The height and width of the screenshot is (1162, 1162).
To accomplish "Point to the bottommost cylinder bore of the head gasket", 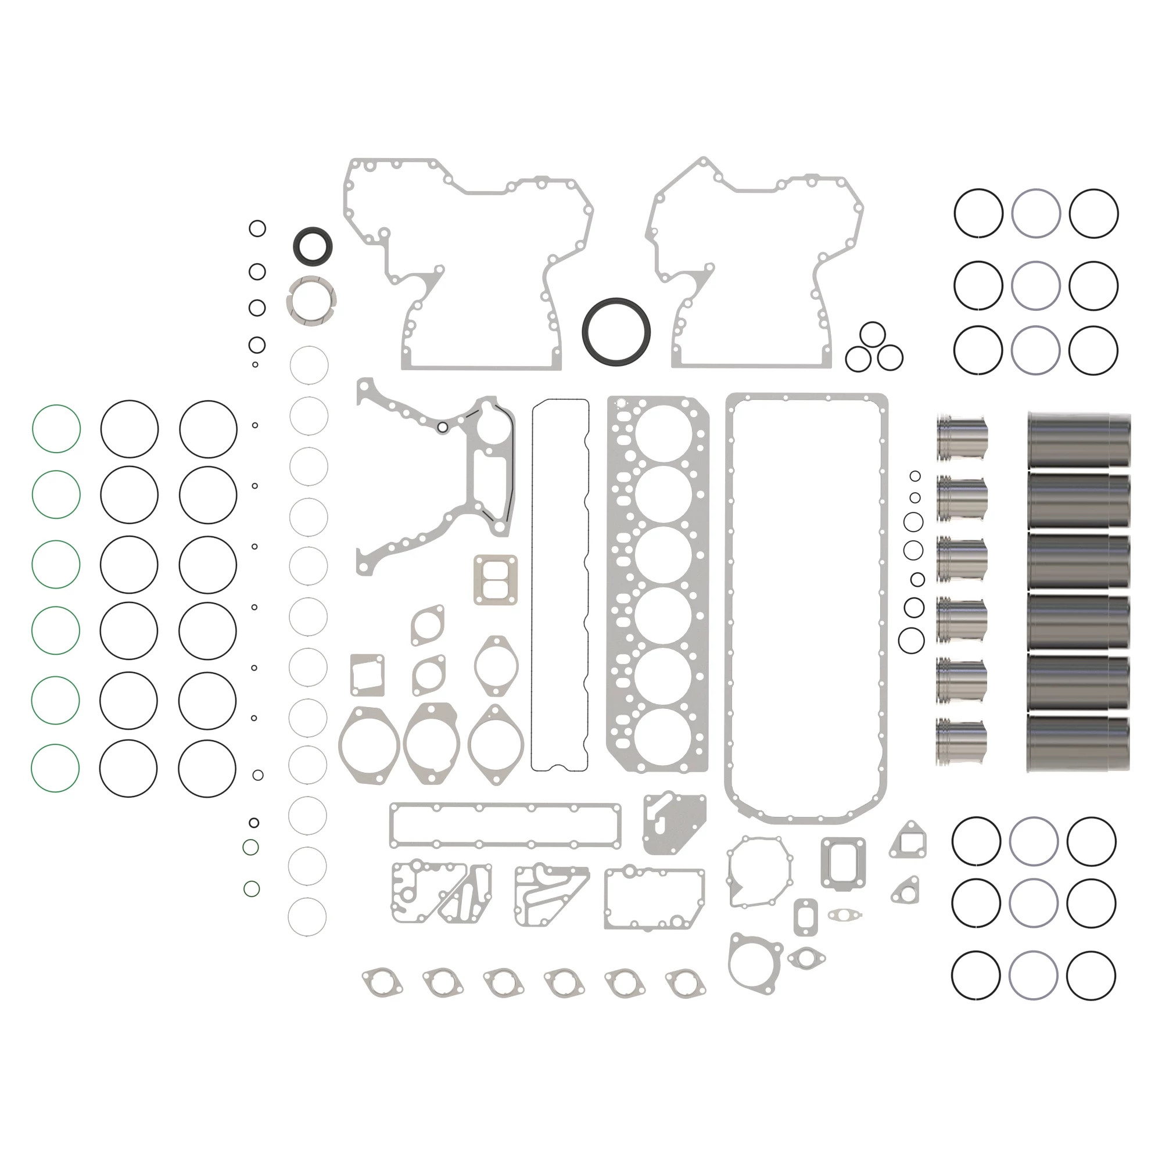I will [x=664, y=736].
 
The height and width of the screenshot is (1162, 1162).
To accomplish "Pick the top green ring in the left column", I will [x=56, y=428].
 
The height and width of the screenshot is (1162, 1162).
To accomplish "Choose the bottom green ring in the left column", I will [x=55, y=768].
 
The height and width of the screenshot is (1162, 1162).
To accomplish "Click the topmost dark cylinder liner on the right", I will [x=1078, y=440].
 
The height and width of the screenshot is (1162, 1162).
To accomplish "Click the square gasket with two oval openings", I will [x=495, y=580].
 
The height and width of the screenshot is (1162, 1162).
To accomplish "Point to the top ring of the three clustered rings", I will [x=872, y=335].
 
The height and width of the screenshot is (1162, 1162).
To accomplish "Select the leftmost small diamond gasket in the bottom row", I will [x=382, y=982].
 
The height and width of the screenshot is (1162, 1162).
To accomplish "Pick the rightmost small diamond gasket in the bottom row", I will [x=686, y=982].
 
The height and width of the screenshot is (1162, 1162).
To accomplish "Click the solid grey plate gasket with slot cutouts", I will [x=673, y=824].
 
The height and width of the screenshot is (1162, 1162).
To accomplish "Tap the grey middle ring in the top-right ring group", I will [x=1035, y=285].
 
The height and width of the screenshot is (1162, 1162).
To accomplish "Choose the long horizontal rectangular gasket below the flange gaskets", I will [x=505, y=826].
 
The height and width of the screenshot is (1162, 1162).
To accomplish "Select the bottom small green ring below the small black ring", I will [x=252, y=888].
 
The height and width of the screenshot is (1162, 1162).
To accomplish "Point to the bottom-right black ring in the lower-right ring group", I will [x=1091, y=975].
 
